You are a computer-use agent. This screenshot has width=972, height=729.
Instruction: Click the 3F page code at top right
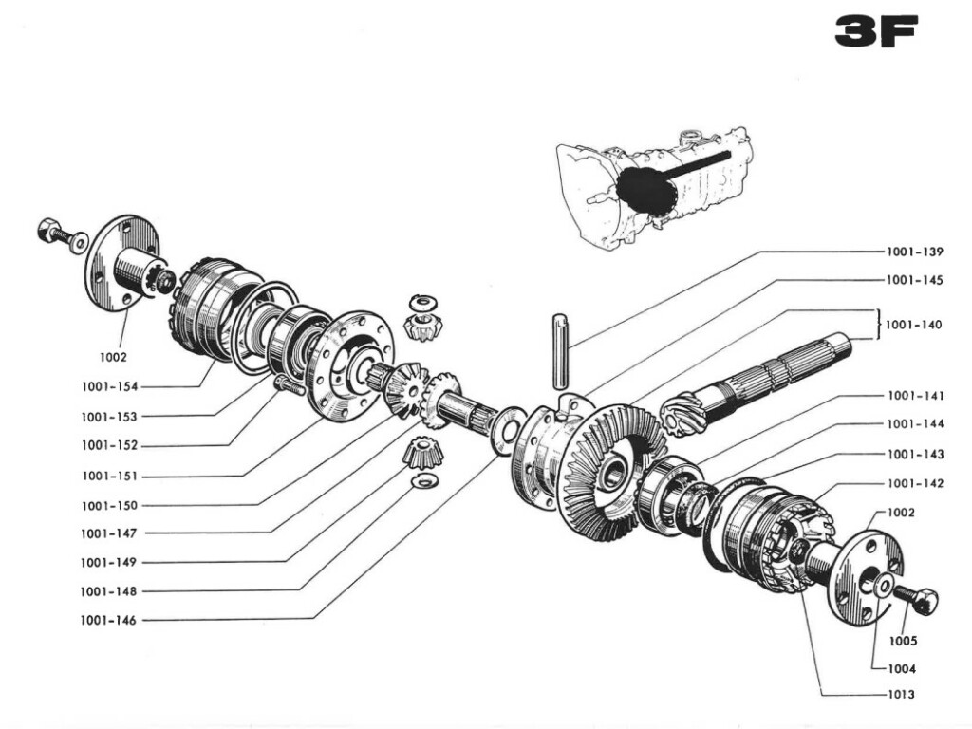coord(875,31)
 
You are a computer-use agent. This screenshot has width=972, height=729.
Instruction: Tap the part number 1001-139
coord(914,252)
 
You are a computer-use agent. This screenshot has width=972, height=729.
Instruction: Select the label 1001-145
coord(914,280)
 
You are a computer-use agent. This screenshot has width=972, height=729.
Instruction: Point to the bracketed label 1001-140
coord(914,325)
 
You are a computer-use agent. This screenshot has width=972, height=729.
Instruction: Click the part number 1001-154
coord(109,387)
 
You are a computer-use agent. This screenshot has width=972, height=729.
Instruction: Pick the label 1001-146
coord(109,621)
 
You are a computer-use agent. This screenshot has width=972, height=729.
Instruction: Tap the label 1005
coord(903,641)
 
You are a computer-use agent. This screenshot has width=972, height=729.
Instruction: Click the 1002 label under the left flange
coord(113,358)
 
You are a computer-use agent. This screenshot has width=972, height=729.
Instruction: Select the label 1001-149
coord(109,562)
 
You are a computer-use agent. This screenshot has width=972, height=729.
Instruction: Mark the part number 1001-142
coord(915,483)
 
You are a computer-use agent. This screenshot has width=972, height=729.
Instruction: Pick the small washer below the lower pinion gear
coord(418,483)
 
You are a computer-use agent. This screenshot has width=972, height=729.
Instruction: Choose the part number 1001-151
coord(109,476)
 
